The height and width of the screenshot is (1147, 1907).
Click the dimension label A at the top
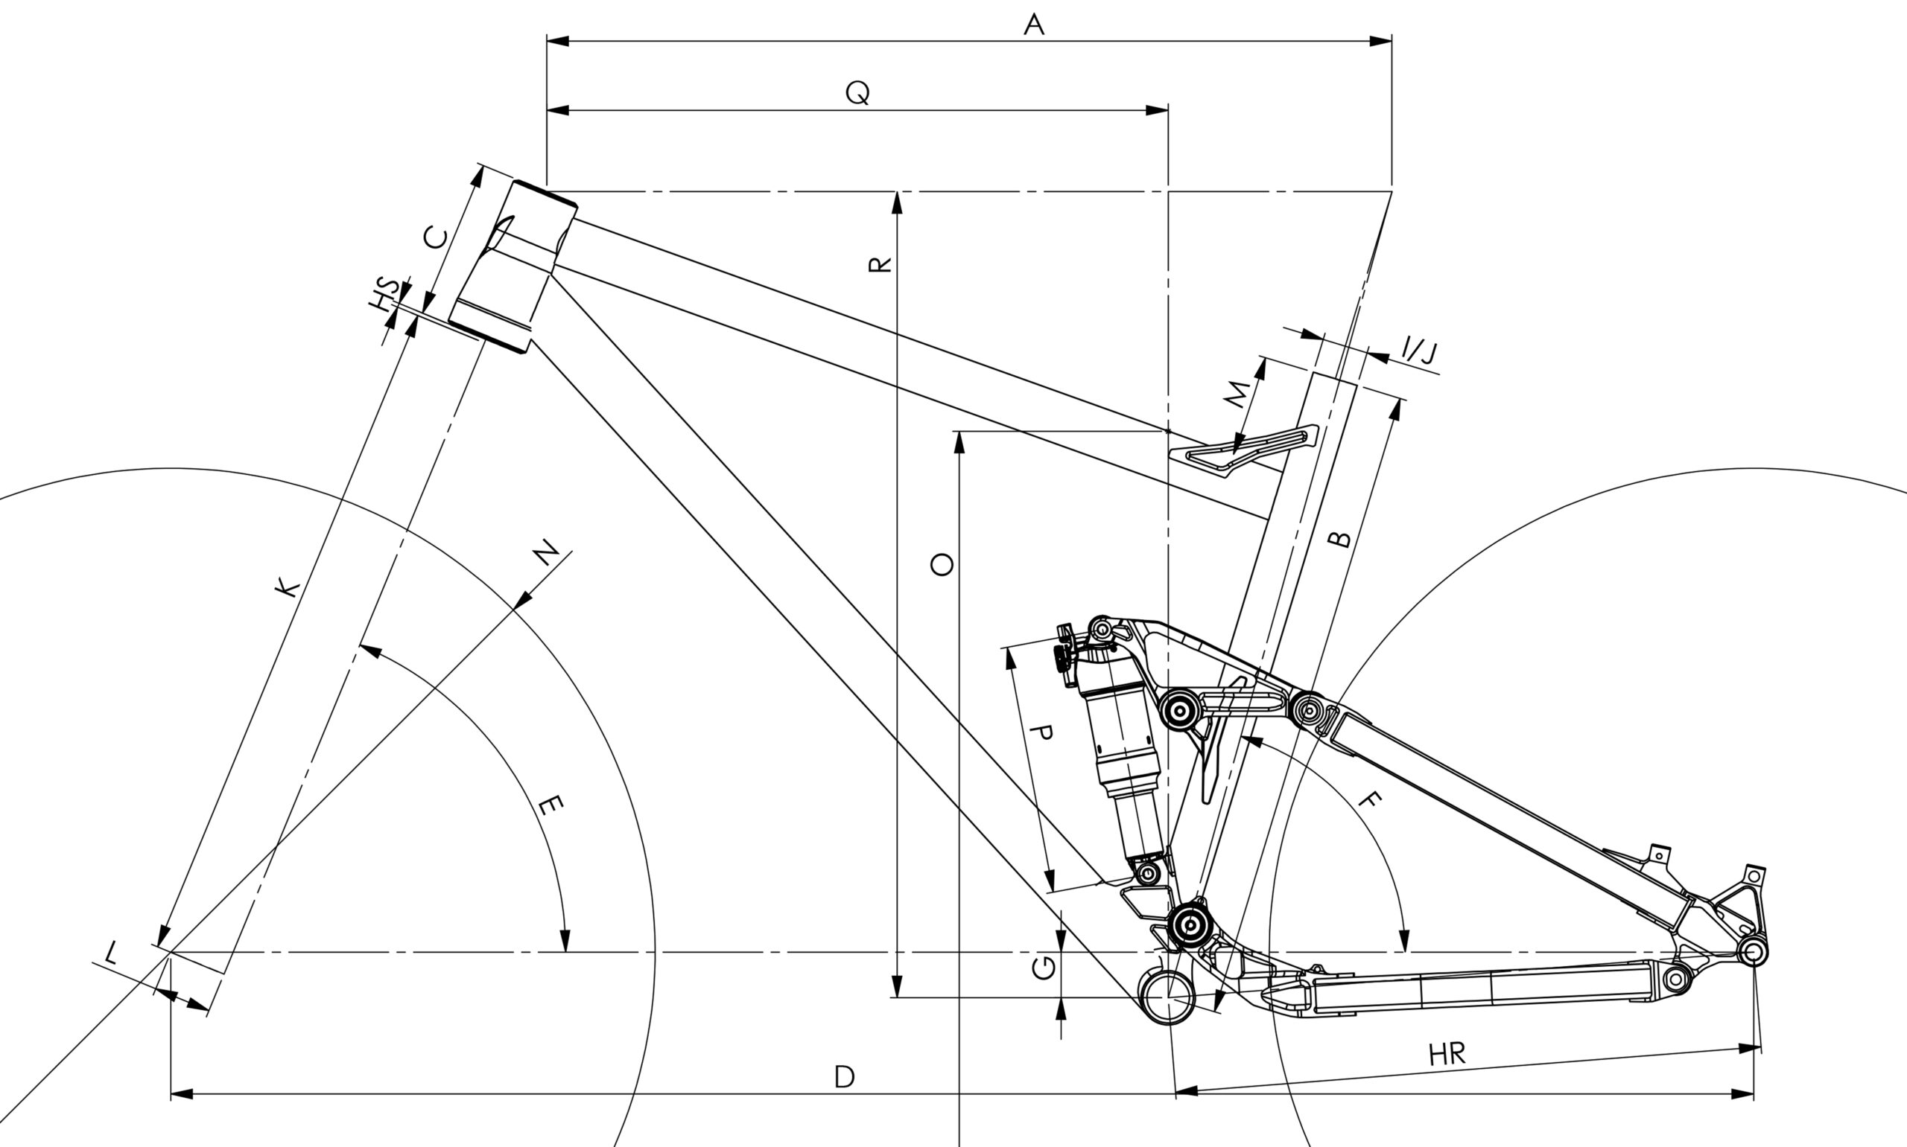pos(1034,25)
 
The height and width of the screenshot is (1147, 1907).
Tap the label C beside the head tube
pos(436,238)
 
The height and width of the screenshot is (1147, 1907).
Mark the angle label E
pos(550,806)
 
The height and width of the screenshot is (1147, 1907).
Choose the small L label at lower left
pos(110,953)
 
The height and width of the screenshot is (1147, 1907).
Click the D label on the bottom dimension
pos(845,1078)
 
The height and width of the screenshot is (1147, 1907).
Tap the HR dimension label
pos(1447,1054)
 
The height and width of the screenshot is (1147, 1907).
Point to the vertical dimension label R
pos(880,265)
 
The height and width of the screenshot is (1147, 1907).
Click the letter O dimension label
pos(942,565)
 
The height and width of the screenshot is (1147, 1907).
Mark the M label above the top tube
pos(1237,394)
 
